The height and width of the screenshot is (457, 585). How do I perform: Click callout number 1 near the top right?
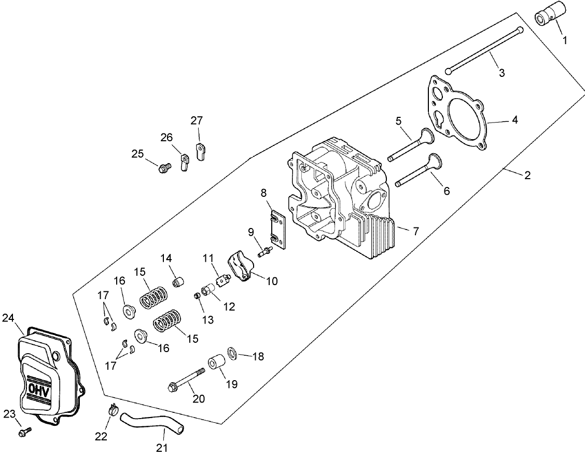click(x=565, y=39)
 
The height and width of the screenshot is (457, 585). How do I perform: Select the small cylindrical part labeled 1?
click(x=550, y=14)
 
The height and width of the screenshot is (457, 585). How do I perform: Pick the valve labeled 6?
click(x=418, y=171)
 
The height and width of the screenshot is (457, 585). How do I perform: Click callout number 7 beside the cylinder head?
click(x=416, y=231)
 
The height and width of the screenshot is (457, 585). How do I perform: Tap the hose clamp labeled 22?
click(x=112, y=410)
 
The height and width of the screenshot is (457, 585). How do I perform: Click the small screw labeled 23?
click(x=24, y=432)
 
